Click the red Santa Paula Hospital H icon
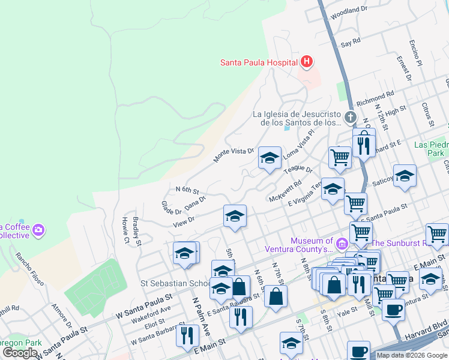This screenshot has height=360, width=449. [307, 62]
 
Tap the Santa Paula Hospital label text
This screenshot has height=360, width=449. [259, 62]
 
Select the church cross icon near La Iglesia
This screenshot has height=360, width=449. [351, 118]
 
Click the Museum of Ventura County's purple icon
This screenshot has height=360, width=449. [342, 244]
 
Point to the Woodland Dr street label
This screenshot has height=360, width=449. [348, 11]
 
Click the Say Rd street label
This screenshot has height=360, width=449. [350, 43]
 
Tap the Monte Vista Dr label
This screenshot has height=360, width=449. [234, 155]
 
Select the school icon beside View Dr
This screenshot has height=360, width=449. [235, 216]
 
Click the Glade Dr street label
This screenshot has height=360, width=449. [171, 208]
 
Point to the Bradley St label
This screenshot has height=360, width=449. [136, 231]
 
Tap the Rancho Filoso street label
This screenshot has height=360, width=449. [26, 264]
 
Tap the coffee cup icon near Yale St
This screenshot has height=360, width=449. [393, 310]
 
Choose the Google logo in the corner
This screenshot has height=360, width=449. [20, 353]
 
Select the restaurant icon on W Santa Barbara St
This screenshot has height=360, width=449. [187, 335]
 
